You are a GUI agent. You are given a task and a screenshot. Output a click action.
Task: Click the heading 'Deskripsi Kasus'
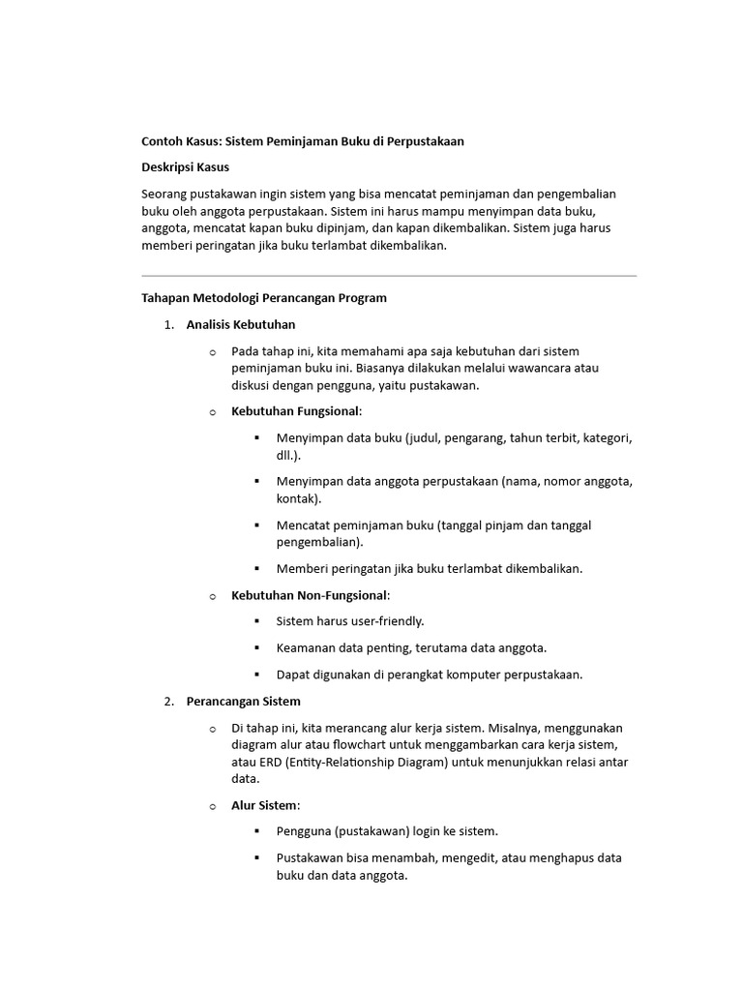(186, 167)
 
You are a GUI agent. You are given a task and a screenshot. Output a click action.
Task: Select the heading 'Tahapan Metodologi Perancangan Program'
(264, 298)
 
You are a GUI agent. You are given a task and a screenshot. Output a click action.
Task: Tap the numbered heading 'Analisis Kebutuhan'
(241, 324)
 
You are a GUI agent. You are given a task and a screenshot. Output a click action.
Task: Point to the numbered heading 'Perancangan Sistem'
(243, 701)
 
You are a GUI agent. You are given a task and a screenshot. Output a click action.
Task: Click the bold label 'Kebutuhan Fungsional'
(295, 411)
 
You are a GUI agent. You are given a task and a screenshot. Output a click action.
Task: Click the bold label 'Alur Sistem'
(265, 805)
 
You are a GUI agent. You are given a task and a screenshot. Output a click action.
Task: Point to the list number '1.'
(169, 324)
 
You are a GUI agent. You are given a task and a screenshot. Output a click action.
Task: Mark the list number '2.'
(169, 701)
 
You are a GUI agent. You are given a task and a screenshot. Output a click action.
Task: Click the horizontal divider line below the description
(389, 276)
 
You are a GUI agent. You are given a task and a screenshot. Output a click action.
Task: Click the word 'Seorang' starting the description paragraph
(165, 194)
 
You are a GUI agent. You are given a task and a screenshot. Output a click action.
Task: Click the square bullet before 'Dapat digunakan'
(257, 674)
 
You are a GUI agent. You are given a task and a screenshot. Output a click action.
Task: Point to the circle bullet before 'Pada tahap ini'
(213, 351)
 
